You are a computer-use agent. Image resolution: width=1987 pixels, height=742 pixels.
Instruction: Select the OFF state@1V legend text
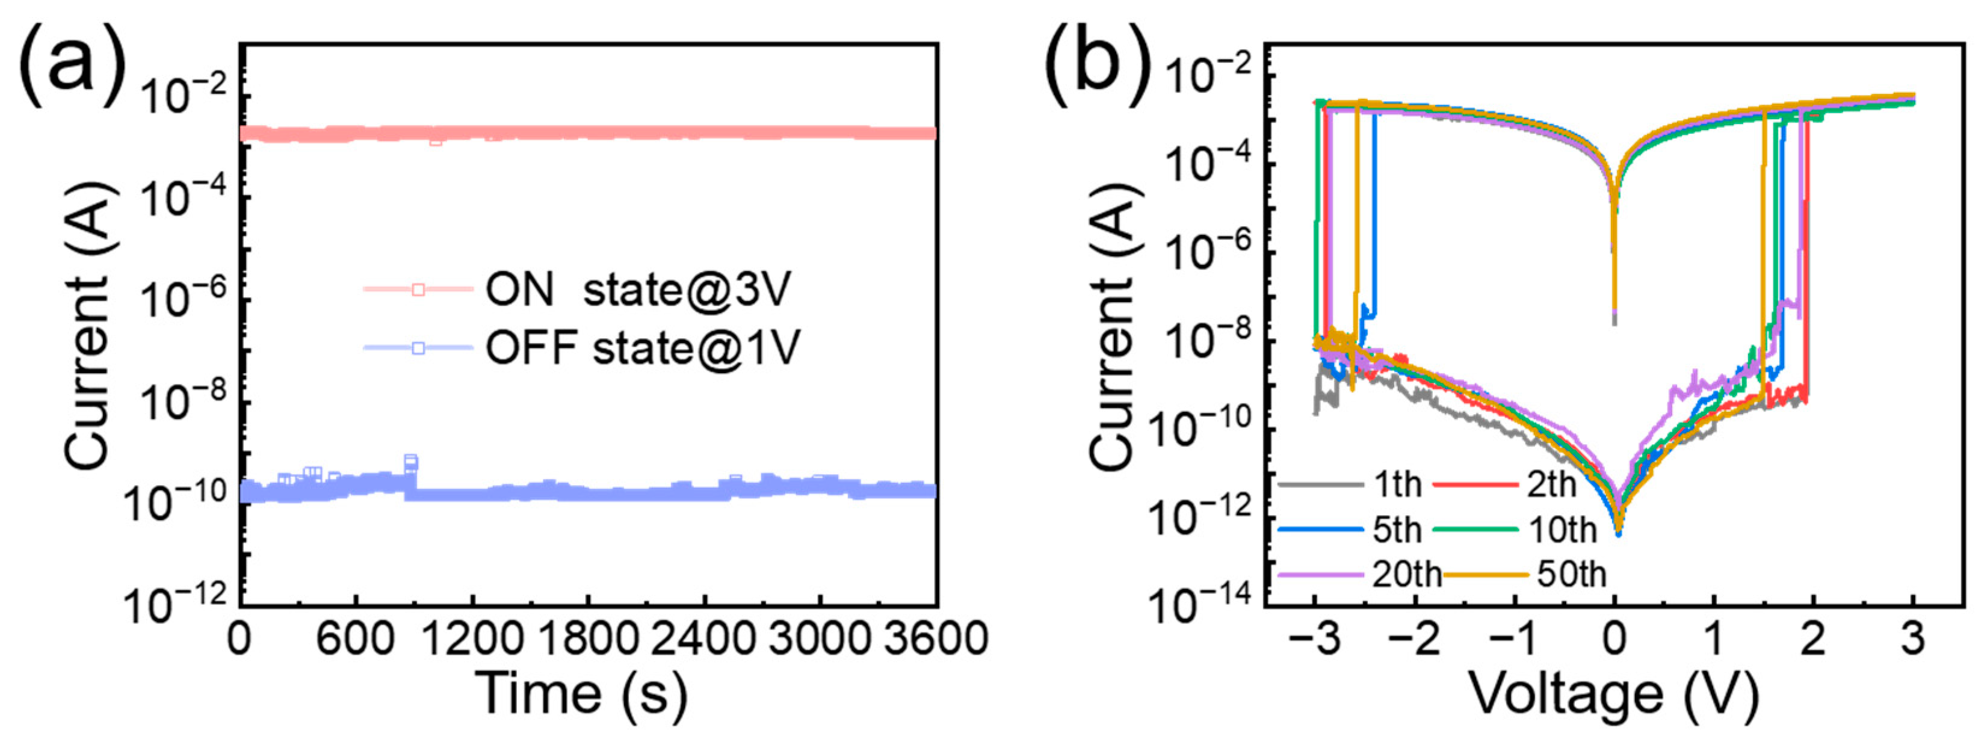pos(641,348)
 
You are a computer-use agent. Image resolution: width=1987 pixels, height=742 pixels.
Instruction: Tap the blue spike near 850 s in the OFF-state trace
pos(410,463)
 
